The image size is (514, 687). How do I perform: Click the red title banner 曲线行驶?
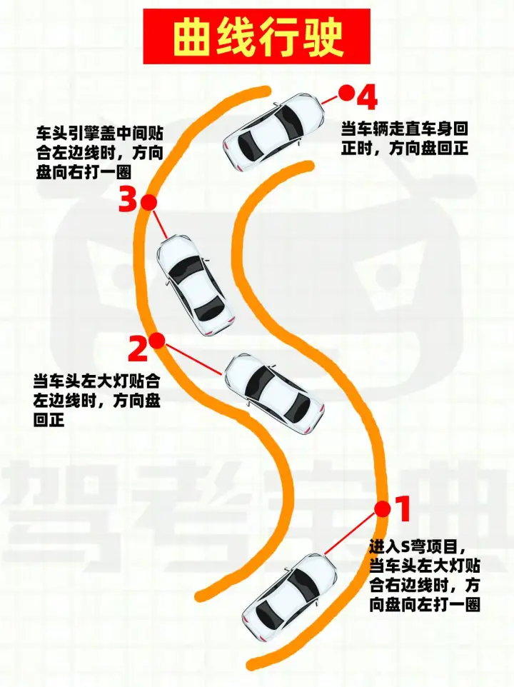tap(256, 36)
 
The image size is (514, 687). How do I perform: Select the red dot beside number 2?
tap(157, 341)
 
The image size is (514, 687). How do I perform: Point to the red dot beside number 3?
tap(149, 202)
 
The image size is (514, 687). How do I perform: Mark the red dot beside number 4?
tap(346, 93)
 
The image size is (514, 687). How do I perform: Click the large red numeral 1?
tap(403, 508)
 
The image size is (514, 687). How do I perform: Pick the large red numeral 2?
tap(138, 348)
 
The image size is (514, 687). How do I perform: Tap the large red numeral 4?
tap(367, 97)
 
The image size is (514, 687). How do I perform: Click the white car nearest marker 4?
tap(275, 131)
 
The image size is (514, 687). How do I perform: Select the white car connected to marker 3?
tap(194, 285)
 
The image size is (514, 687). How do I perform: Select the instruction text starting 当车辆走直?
tap(405, 139)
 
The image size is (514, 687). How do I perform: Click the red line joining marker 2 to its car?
tap(193, 359)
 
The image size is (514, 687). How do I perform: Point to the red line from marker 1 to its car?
tap(351, 533)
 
